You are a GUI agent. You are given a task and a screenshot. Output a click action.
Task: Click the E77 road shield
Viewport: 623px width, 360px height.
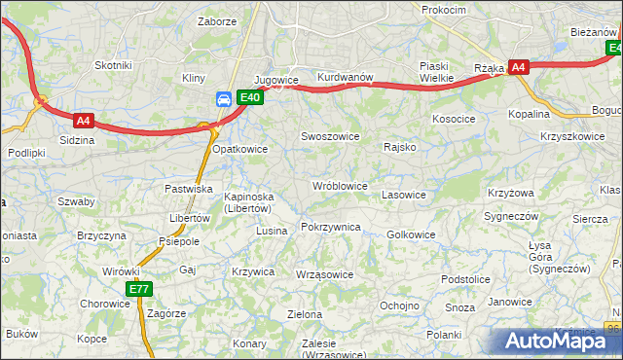pyautogui.click(x=139, y=290)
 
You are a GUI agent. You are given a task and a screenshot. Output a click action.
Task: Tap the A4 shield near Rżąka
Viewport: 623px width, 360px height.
pyautogui.click(x=519, y=67)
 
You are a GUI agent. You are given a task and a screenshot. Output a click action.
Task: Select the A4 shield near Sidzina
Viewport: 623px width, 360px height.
pyautogui.click(x=83, y=121)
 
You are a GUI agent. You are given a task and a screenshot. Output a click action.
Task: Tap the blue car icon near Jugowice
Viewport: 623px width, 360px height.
pyautogui.click(x=224, y=98)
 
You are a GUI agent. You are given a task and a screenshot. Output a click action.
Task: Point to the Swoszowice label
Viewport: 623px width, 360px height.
pyautogui.click(x=331, y=137)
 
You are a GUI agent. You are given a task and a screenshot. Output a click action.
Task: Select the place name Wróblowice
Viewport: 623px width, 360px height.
pyautogui.click(x=340, y=185)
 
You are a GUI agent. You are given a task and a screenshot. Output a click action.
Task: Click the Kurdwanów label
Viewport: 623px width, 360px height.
pyautogui.click(x=346, y=78)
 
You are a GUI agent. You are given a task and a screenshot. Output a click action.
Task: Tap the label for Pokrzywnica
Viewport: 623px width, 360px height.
pyautogui.click(x=331, y=227)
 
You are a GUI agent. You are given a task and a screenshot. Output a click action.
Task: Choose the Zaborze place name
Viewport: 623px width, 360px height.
pyautogui.click(x=216, y=20)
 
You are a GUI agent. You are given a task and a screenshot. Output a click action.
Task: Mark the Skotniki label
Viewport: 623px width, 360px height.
pyautogui.click(x=113, y=65)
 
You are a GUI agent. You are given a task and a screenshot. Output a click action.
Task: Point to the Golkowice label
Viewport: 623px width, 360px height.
pyautogui.click(x=411, y=234)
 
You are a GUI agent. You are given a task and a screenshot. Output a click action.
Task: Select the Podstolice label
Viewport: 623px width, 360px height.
pyautogui.click(x=465, y=279)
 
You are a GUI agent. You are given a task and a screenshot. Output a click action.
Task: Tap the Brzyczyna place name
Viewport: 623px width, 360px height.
pyautogui.click(x=102, y=236)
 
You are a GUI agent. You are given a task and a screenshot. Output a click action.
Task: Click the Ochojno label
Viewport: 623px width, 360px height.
pyautogui.click(x=398, y=306)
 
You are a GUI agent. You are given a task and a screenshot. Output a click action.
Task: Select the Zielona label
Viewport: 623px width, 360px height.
pyautogui.click(x=305, y=314)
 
